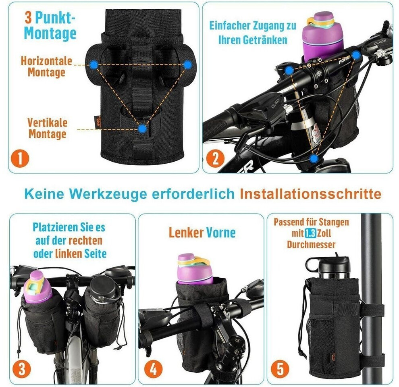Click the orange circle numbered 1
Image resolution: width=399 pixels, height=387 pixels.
(20, 158)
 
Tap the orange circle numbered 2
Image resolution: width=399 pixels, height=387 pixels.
(215, 158)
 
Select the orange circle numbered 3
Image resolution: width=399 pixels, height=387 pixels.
(22, 368)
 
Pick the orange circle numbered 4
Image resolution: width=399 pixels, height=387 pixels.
(153, 368)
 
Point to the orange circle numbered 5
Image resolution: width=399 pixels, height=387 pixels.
(280, 368)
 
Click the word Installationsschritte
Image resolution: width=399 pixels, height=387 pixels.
(311, 194)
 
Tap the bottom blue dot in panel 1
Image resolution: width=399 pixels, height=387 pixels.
(143, 129)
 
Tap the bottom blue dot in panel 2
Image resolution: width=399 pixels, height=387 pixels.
(314, 158)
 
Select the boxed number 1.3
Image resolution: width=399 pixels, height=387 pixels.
(310, 233)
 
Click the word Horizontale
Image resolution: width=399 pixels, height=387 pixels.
(47, 61)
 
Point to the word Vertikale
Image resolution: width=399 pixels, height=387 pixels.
(47, 123)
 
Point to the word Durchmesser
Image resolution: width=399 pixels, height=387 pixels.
(311, 245)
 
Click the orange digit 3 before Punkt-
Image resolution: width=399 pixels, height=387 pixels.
(28, 18)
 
